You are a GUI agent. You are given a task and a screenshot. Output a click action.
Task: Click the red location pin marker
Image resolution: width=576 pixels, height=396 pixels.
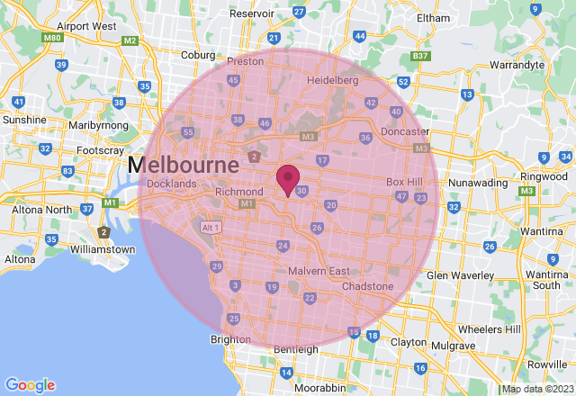tap(288, 179)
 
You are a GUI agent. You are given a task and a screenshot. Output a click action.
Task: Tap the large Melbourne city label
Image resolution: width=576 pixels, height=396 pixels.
tap(183, 166)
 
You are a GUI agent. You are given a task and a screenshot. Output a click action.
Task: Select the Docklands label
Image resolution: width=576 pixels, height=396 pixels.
tap(171, 184)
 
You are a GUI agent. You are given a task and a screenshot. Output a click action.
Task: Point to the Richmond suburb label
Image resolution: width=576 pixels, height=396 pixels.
tap(238, 192)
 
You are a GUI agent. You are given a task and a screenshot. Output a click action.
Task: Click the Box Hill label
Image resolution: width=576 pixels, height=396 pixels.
tap(404, 182)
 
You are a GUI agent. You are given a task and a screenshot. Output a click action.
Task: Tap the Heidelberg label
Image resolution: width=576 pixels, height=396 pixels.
tap(333, 80)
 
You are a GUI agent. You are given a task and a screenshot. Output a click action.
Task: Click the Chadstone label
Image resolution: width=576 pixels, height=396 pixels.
tap(367, 286)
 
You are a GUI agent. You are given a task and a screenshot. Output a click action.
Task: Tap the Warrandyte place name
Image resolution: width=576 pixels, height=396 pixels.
tap(517, 65)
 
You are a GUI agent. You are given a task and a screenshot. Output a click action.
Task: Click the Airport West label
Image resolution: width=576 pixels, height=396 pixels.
tap(92, 26)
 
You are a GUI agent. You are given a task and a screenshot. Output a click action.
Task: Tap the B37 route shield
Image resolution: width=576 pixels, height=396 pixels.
tap(419, 56)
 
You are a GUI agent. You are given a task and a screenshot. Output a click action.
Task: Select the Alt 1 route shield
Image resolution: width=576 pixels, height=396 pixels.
tap(211, 228)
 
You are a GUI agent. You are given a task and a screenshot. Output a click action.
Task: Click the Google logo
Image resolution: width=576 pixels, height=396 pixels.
tap(31, 384)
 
